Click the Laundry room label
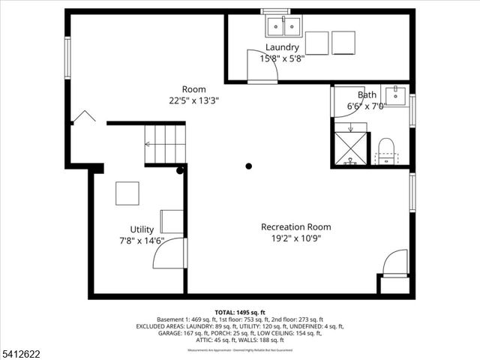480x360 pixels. point(282,47)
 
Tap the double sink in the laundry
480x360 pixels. point(284,28)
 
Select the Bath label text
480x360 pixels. point(367,95)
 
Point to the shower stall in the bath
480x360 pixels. point(349,148)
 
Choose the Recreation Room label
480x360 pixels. point(295,227)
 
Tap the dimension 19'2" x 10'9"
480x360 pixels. point(295,239)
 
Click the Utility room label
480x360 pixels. point(142,229)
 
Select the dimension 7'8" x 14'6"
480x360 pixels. point(142,241)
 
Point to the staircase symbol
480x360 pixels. point(164,143)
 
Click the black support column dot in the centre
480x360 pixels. point(248,166)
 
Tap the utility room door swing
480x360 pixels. point(168,254)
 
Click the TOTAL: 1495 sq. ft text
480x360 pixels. point(240,312)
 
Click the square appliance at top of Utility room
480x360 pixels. point(127,193)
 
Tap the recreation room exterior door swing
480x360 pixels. point(394,264)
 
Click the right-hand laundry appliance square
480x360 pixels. point(343,42)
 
